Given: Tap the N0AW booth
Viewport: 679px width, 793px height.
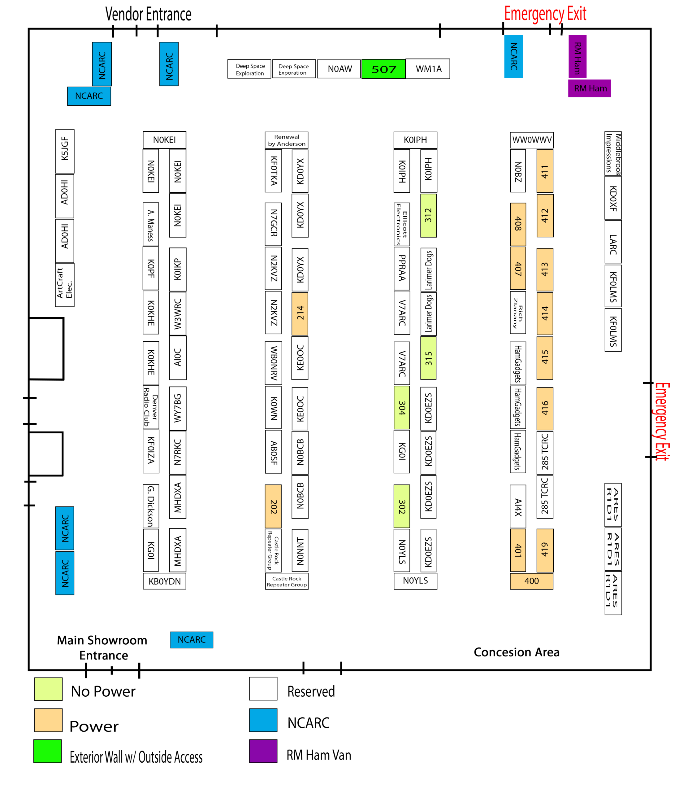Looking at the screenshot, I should coord(339,69).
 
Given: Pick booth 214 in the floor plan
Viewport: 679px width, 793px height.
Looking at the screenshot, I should coord(300,313).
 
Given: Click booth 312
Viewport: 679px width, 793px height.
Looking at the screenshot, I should coord(428,216).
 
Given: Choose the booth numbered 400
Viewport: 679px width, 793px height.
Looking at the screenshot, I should coord(531,581).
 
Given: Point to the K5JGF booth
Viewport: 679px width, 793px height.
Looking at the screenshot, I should coord(65,151).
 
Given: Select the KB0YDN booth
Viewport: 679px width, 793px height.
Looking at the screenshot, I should coord(164,581).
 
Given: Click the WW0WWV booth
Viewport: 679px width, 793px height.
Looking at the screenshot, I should coord(531,140).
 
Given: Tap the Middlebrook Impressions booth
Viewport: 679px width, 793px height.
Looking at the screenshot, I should coord(612,153).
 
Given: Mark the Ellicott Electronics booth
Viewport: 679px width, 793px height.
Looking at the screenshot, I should coord(401,224).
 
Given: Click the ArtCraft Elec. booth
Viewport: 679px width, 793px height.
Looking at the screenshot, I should coord(65,285).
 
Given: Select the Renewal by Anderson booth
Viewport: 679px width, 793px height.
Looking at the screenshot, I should coord(286,140).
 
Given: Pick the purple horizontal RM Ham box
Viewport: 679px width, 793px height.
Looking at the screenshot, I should coord(589,88).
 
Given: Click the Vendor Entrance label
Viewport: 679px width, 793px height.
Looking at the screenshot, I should coord(148,15).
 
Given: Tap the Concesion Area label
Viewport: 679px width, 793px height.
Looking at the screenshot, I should coord(516,652).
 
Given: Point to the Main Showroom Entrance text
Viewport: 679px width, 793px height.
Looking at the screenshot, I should coord(102,648).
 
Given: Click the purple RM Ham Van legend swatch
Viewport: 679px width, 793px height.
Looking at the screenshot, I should coord(263,751).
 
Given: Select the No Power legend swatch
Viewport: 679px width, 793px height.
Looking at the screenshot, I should coord(48,689).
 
